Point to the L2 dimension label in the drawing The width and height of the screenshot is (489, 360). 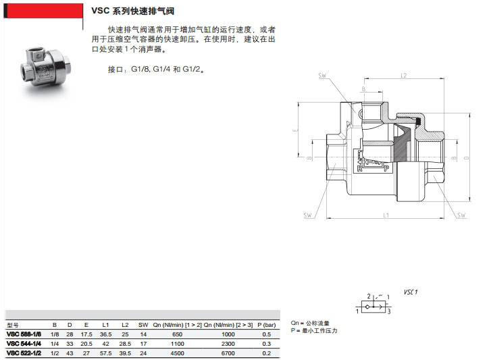point(403,75)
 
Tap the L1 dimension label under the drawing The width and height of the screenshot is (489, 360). point(385,215)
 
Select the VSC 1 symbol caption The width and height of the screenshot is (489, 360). point(411,292)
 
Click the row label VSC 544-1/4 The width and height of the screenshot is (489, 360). point(24,343)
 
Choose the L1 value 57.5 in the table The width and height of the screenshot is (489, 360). point(105,352)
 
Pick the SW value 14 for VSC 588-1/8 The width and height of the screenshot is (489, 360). point(143,334)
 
